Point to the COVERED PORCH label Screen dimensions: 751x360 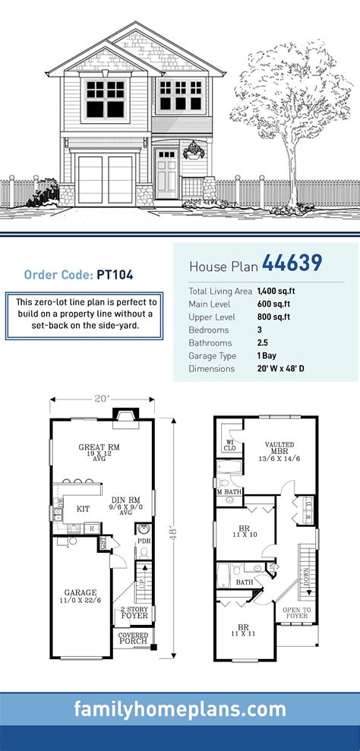133,639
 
